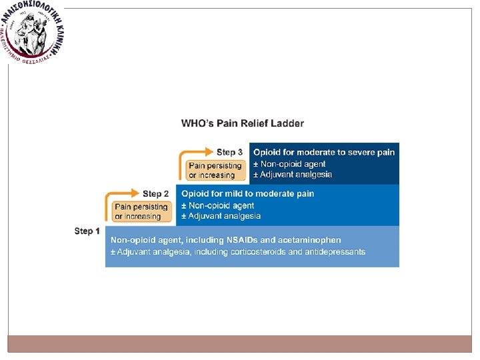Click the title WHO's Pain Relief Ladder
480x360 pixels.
(243, 123)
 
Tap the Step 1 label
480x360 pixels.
(87, 231)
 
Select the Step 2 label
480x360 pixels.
(156, 194)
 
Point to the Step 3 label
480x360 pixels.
(230, 153)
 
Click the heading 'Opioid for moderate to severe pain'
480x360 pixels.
(324, 153)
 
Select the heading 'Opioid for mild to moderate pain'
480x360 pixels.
(248, 194)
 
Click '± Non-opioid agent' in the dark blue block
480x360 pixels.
(289, 164)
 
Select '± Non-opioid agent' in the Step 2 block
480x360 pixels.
(218, 205)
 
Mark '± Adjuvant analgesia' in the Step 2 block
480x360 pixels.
(221, 216)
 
